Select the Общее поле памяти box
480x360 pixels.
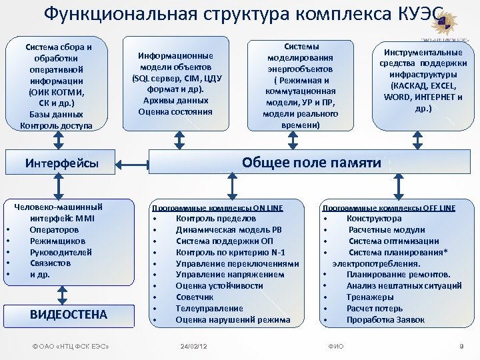point(311,163)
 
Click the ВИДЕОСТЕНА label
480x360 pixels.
point(69,314)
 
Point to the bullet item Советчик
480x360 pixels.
point(195,297)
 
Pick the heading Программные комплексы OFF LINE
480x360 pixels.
point(389,207)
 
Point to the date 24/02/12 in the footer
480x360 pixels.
point(194,347)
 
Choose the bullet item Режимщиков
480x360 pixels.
point(57,241)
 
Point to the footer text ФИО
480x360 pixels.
point(337,347)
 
